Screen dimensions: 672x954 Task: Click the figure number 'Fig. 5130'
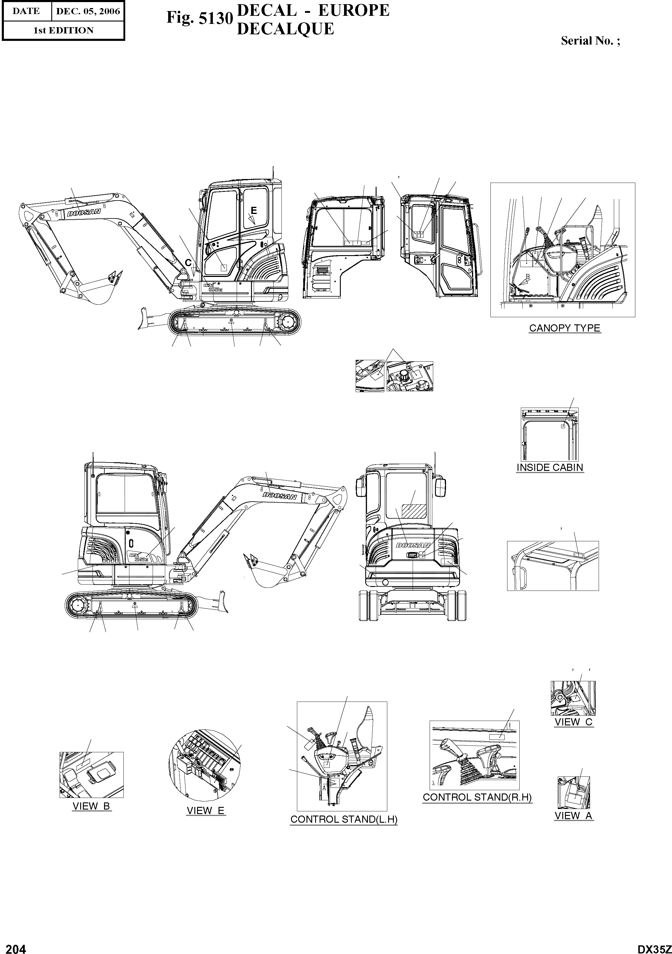(x=198, y=18)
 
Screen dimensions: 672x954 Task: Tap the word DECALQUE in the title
(x=285, y=29)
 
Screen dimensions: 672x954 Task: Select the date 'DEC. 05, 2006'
(x=88, y=11)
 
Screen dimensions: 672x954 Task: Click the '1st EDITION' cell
(x=63, y=30)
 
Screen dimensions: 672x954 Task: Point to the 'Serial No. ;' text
(x=590, y=41)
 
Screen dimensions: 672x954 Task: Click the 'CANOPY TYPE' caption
(x=564, y=328)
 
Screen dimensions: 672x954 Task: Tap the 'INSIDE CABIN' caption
(x=549, y=467)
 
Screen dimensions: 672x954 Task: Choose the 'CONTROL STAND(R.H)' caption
(x=477, y=797)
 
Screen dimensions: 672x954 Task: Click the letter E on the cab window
(x=254, y=211)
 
